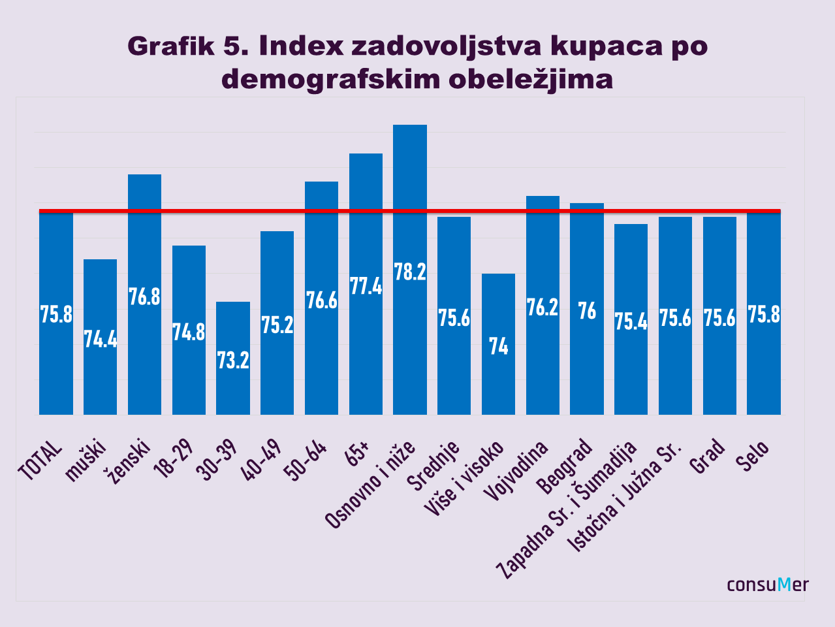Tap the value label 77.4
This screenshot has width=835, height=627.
366,286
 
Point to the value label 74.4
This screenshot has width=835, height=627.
101,339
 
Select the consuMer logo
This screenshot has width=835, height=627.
768,584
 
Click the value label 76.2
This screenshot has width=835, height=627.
543,307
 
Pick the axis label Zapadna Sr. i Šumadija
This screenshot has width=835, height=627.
567,510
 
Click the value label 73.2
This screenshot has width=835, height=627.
233,360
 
